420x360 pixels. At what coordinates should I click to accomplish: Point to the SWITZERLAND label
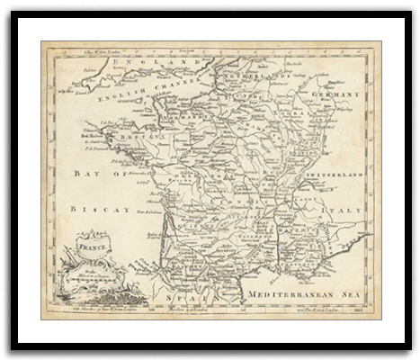pos(338,172)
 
